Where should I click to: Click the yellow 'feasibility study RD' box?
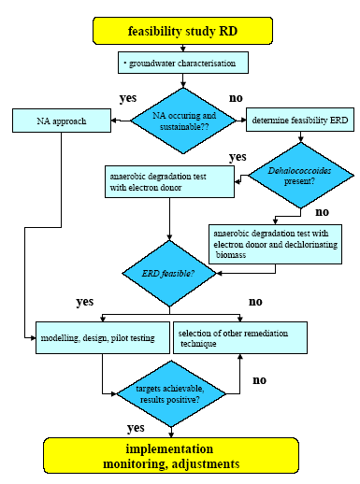181,30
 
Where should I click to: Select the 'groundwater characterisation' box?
183,63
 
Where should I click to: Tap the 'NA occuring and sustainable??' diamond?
181,119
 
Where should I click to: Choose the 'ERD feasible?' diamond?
168,274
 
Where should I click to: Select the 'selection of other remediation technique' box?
240,336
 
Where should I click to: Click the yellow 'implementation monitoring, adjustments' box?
181,455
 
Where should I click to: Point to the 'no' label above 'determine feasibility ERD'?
235,96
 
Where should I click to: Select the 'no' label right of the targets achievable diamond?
260,380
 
